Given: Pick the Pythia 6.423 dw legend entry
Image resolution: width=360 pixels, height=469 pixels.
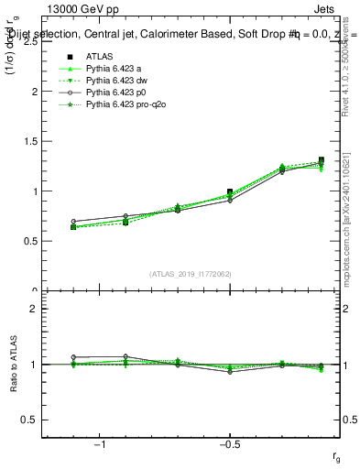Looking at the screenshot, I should (114, 81).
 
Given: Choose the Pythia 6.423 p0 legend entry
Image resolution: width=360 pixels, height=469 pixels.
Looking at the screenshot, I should (114, 93).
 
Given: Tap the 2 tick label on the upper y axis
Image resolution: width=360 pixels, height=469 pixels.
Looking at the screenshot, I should (33, 92).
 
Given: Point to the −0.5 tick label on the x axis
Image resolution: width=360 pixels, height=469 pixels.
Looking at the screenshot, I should (229, 443).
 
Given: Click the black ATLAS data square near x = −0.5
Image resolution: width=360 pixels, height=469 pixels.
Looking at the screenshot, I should (230, 192).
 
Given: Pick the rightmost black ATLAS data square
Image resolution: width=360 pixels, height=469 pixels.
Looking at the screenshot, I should (321, 160).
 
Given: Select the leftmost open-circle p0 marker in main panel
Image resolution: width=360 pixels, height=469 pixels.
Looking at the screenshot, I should (73, 222).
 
